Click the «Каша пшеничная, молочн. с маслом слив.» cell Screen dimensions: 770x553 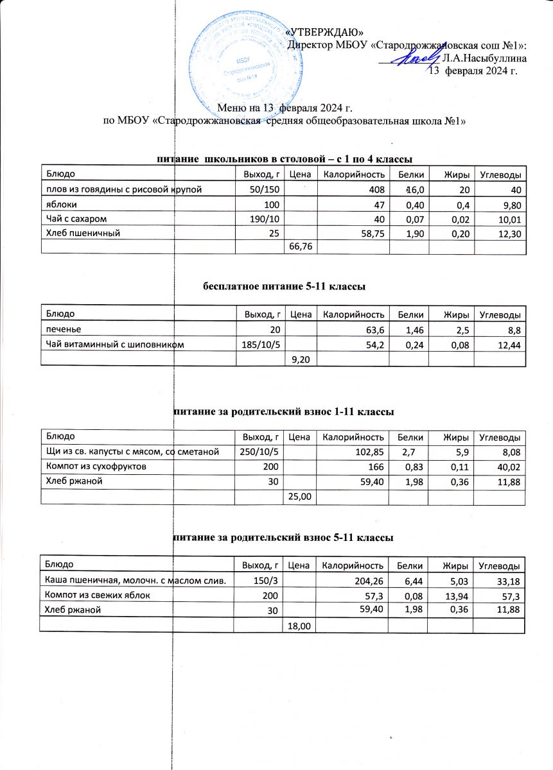pyautogui.click(x=134, y=581)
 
